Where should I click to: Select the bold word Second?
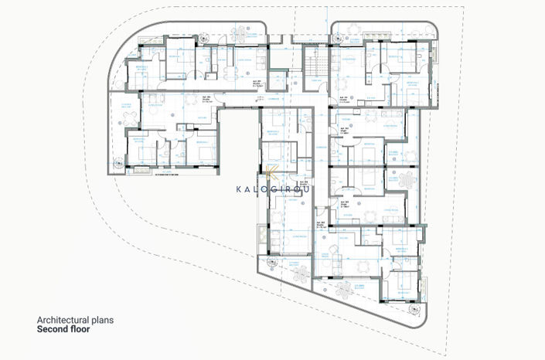[x=51, y=329]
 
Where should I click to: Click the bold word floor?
[x=80, y=329]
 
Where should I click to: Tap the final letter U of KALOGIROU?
[x=312, y=187]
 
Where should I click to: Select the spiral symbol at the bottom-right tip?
[x=419, y=311]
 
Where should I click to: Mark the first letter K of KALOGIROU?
[x=238, y=187]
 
